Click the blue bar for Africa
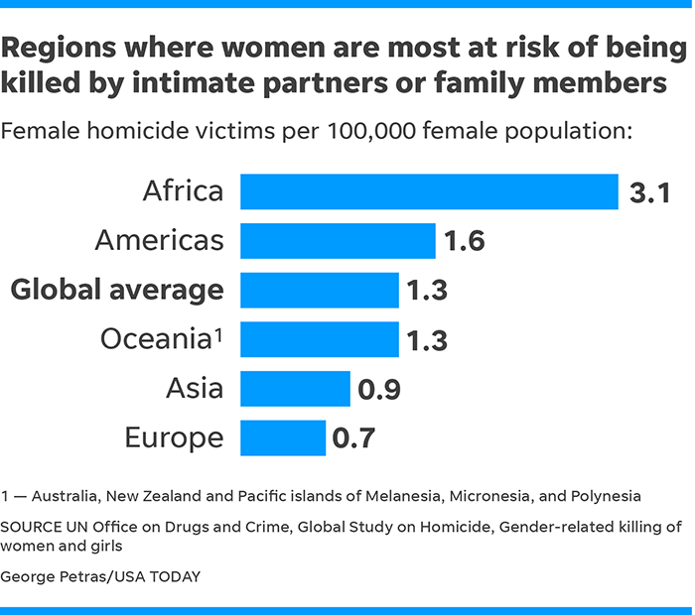click(429, 191)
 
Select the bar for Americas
click(338, 241)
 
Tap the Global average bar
click(319, 291)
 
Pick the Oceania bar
click(319, 339)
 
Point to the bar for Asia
click(295, 389)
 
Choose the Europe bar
click(283, 437)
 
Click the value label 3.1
click(650, 192)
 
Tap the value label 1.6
click(463, 241)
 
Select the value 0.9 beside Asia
click(378, 390)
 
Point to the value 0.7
click(353, 438)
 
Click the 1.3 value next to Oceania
click(427, 340)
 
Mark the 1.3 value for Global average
click(427, 291)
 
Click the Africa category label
click(183, 190)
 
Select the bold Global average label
click(117, 290)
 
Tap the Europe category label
click(174, 437)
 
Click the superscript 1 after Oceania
click(217, 332)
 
